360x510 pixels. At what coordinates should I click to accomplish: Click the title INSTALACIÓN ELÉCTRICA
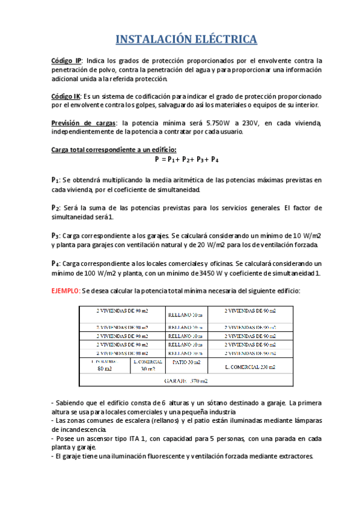coord(186,40)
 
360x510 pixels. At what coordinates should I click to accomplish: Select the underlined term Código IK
coord(66,96)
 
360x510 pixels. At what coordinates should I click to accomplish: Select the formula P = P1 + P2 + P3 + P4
coord(186,160)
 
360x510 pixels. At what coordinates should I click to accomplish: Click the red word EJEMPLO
coord(64,290)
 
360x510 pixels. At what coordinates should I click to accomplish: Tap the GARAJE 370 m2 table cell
coord(186,381)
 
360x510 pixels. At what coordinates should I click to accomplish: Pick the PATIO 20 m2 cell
coord(186,363)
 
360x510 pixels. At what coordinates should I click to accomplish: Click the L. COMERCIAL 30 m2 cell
coord(147,366)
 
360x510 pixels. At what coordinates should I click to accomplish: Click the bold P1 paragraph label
coord(56,180)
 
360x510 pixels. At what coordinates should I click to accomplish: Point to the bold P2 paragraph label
coord(56,208)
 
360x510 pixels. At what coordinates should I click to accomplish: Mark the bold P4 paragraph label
coord(56,264)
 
